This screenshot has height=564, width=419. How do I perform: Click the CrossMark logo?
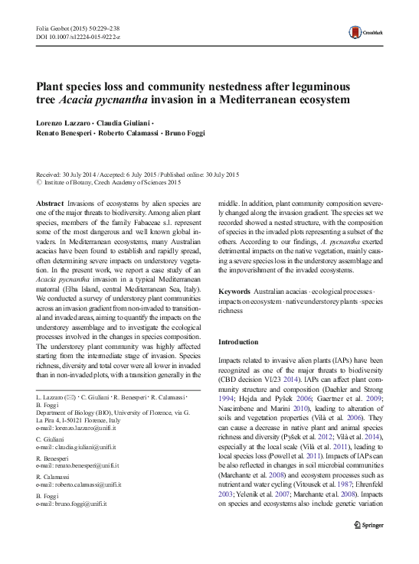click(x=365, y=32)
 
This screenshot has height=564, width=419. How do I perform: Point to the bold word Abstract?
click(x=51, y=201)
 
